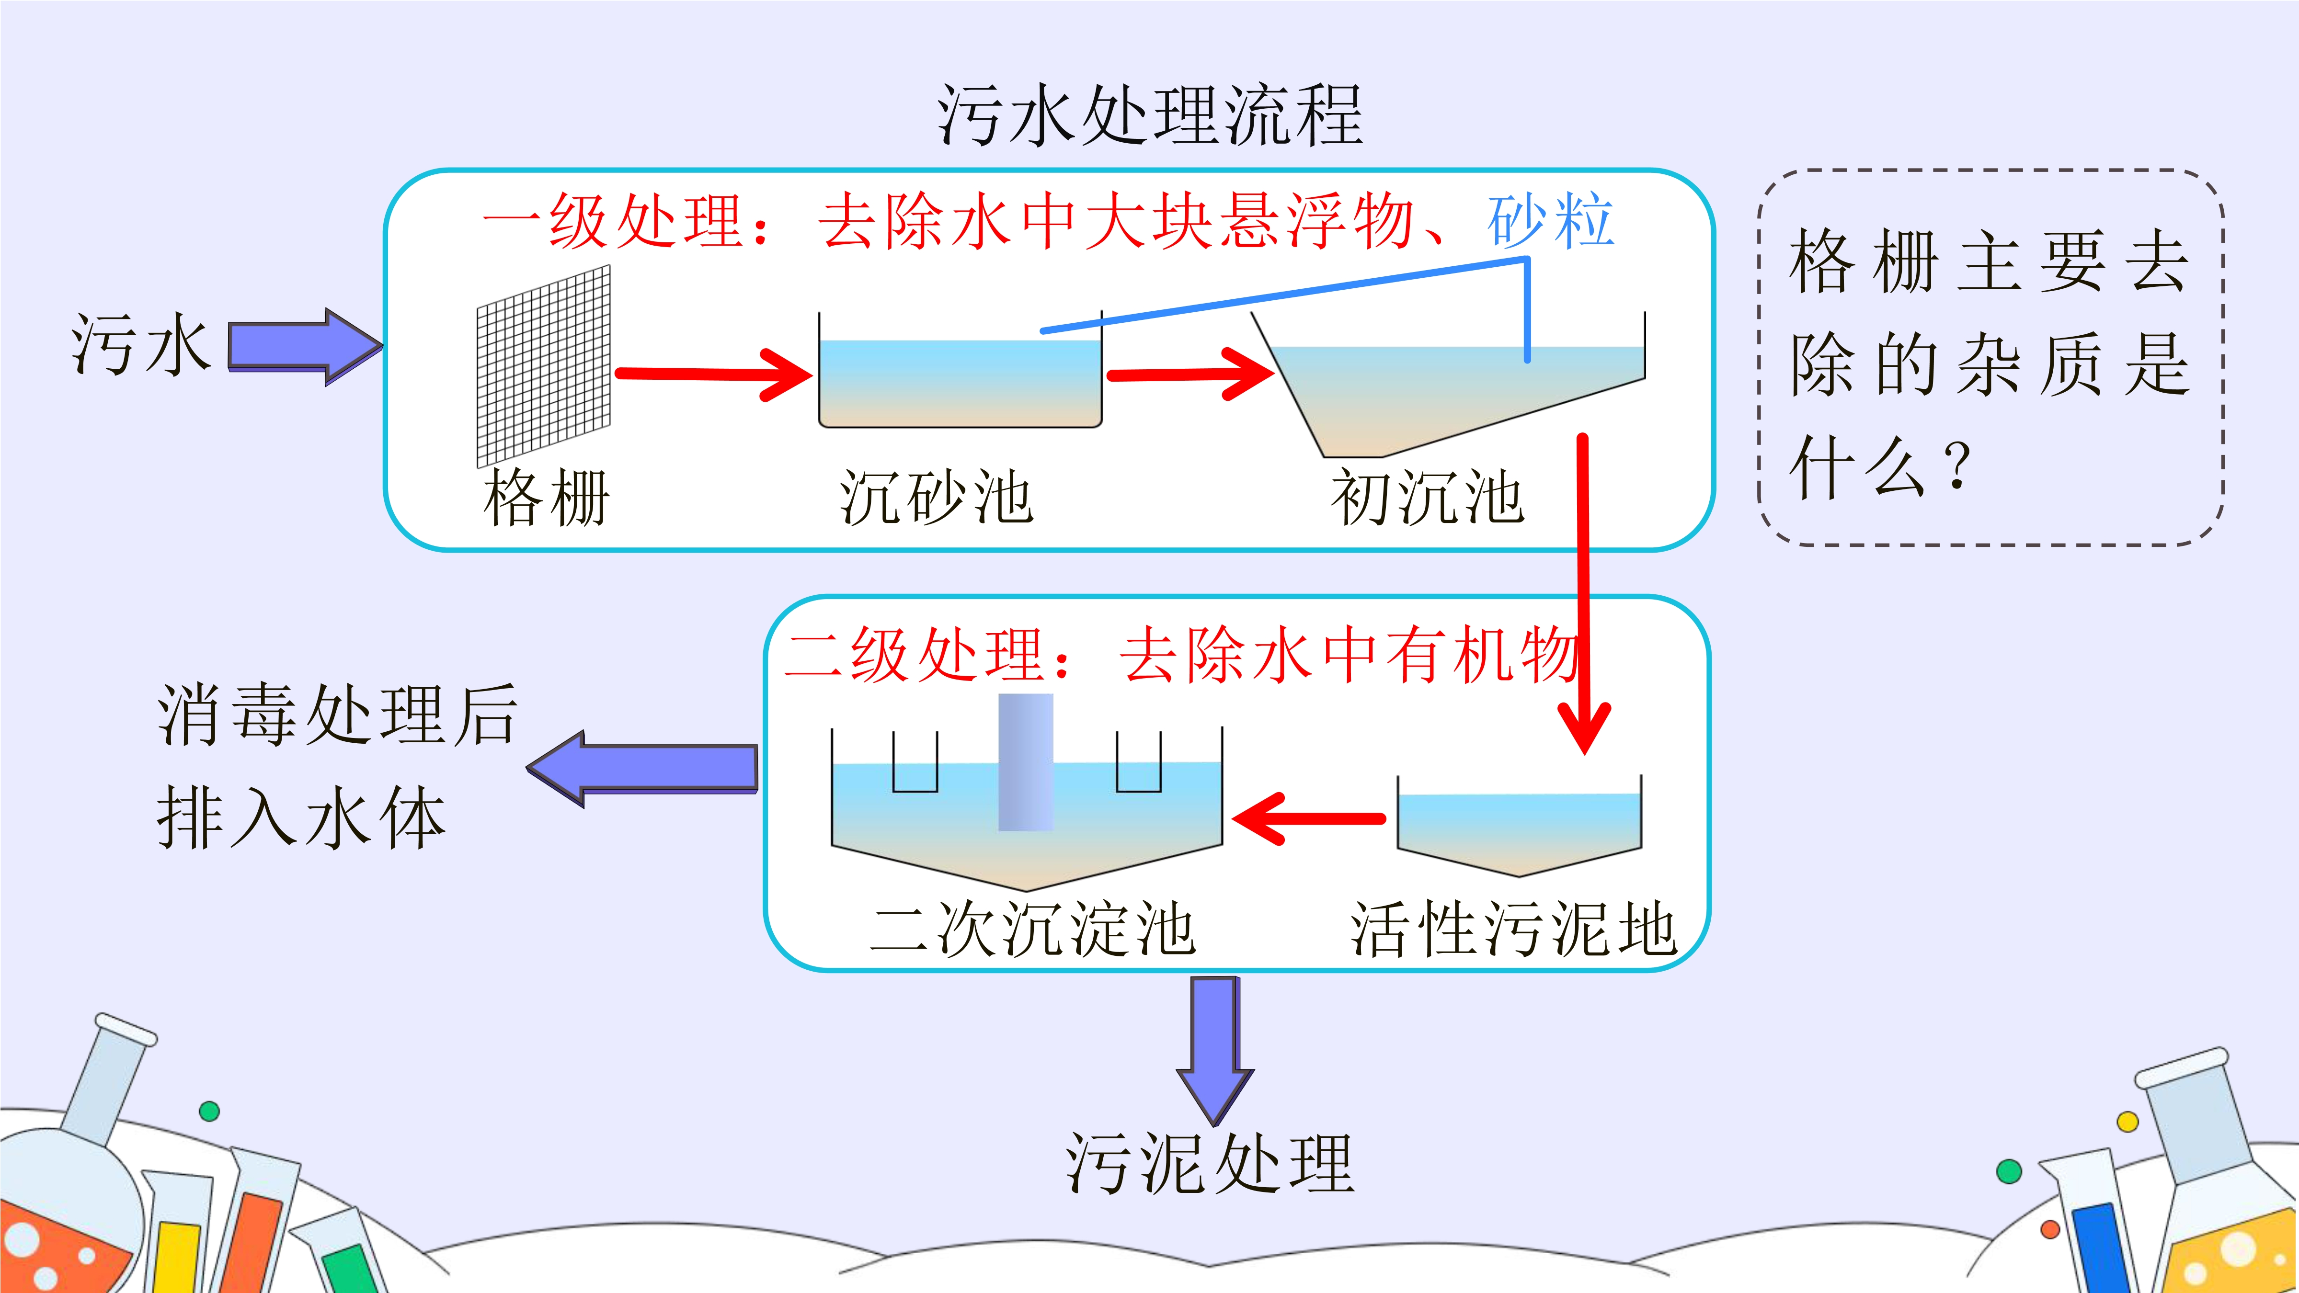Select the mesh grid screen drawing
544,366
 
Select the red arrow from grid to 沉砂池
714,374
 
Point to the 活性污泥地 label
1514,930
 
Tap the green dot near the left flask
210,1111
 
